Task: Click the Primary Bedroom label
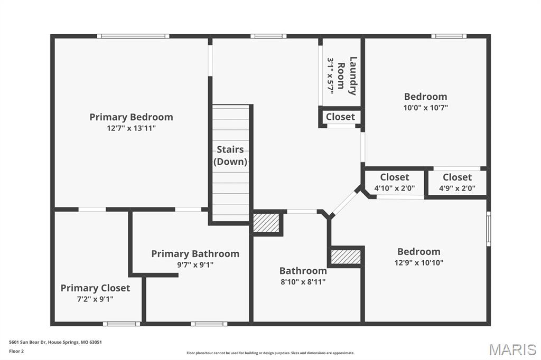click(x=131, y=117)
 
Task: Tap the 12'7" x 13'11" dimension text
click(x=131, y=128)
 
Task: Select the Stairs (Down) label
click(x=230, y=156)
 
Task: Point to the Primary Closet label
click(x=95, y=288)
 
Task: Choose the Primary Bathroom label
click(x=195, y=254)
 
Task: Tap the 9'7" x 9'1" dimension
click(x=195, y=265)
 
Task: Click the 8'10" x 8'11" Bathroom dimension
click(x=303, y=282)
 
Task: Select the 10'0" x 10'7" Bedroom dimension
click(x=425, y=108)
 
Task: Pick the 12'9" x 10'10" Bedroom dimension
click(x=418, y=263)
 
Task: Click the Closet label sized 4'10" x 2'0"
click(x=395, y=177)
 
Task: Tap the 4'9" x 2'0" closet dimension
click(x=457, y=188)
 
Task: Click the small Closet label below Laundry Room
click(x=340, y=117)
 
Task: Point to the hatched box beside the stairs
click(x=266, y=223)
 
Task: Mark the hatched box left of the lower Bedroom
click(x=346, y=257)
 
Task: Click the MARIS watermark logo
click(x=512, y=349)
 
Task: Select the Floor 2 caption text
click(x=16, y=351)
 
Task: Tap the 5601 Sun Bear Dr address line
click(x=55, y=342)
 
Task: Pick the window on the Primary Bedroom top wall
click(x=133, y=36)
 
